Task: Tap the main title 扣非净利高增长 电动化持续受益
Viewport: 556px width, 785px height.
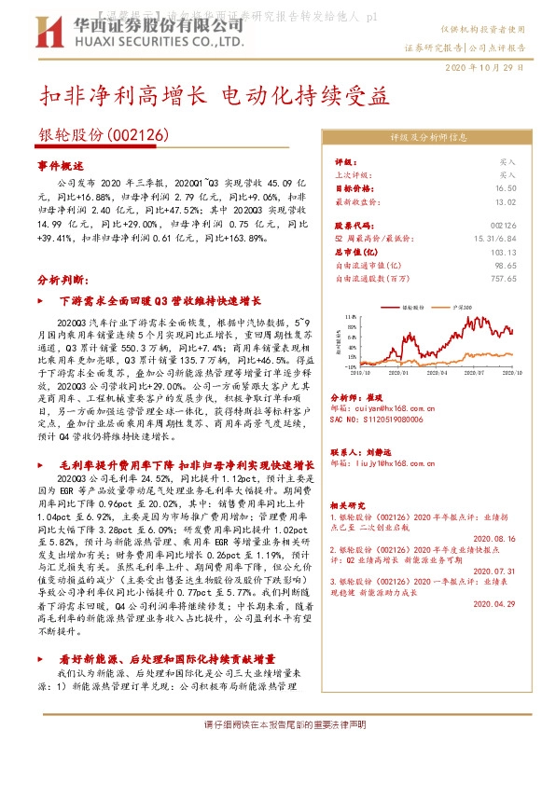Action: pyautogui.click(x=213, y=95)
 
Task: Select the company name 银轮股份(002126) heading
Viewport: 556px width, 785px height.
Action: pyautogui.click(x=104, y=134)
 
